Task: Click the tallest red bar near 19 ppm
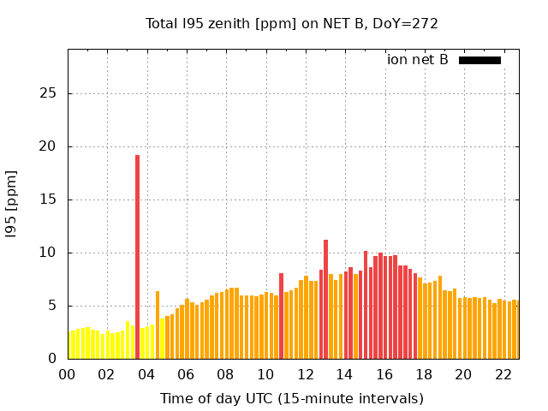pos(137,257)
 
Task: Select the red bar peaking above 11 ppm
pos(325,300)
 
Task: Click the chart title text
pos(292,23)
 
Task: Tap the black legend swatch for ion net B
pos(479,60)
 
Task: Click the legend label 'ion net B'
pos(418,60)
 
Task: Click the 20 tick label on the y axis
pos(51,146)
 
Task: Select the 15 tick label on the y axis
pos(51,200)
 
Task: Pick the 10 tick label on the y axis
pos(51,253)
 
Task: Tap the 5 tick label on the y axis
pos(54,306)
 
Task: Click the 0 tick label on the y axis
pos(54,359)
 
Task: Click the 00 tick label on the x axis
pos(67,375)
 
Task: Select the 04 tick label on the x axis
pos(146,375)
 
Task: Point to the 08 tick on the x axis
pos(225,375)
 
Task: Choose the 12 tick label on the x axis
pos(305,375)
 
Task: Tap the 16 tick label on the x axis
pos(384,375)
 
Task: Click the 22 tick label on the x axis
pos(503,375)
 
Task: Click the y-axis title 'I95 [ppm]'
pos(12,203)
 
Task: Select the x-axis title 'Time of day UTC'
pos(292,399)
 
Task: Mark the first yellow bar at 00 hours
pos(71,346)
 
